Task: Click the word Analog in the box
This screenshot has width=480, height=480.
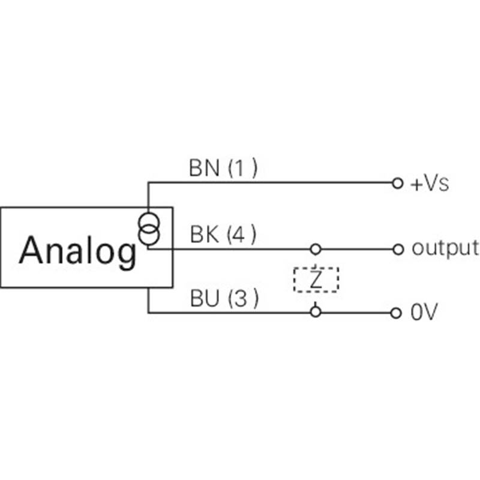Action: pyautogui.click(x=77, y=250)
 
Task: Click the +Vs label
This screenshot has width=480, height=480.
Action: pyautogui.click(x=430, y=184)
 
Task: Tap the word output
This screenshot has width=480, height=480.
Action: pyautogui.click(x=445, y=248)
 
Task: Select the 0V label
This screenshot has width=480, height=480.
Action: pyautogui.click(x=424, y=313)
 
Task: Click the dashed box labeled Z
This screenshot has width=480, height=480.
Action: pyautogui.click(x=316, y=280)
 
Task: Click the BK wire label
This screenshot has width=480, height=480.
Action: pyautogui.click(x=203, y=235)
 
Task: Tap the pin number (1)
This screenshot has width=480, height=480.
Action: pyautogui.click(x=242, y=169)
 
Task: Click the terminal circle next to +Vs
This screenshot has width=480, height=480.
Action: pyautogui.click(x=396, y=183)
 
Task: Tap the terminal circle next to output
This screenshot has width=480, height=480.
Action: pyautogui.click(x=396, y=248)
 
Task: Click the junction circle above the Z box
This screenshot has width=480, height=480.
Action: pyautogui.click(x=316, y=248)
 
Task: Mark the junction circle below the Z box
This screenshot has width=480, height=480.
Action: pyautogui.click(x=316, y=311)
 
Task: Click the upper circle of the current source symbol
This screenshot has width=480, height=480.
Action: pyautogui.click(x=147, y=223)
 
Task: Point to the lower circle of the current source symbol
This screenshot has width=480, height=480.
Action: pyautogui.click(x=148, y=235)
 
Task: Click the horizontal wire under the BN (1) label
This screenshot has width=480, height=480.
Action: pyautogui.click(x=270, y=182)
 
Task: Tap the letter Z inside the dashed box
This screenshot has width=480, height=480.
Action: pyautogui.click(x=316, y=280)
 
